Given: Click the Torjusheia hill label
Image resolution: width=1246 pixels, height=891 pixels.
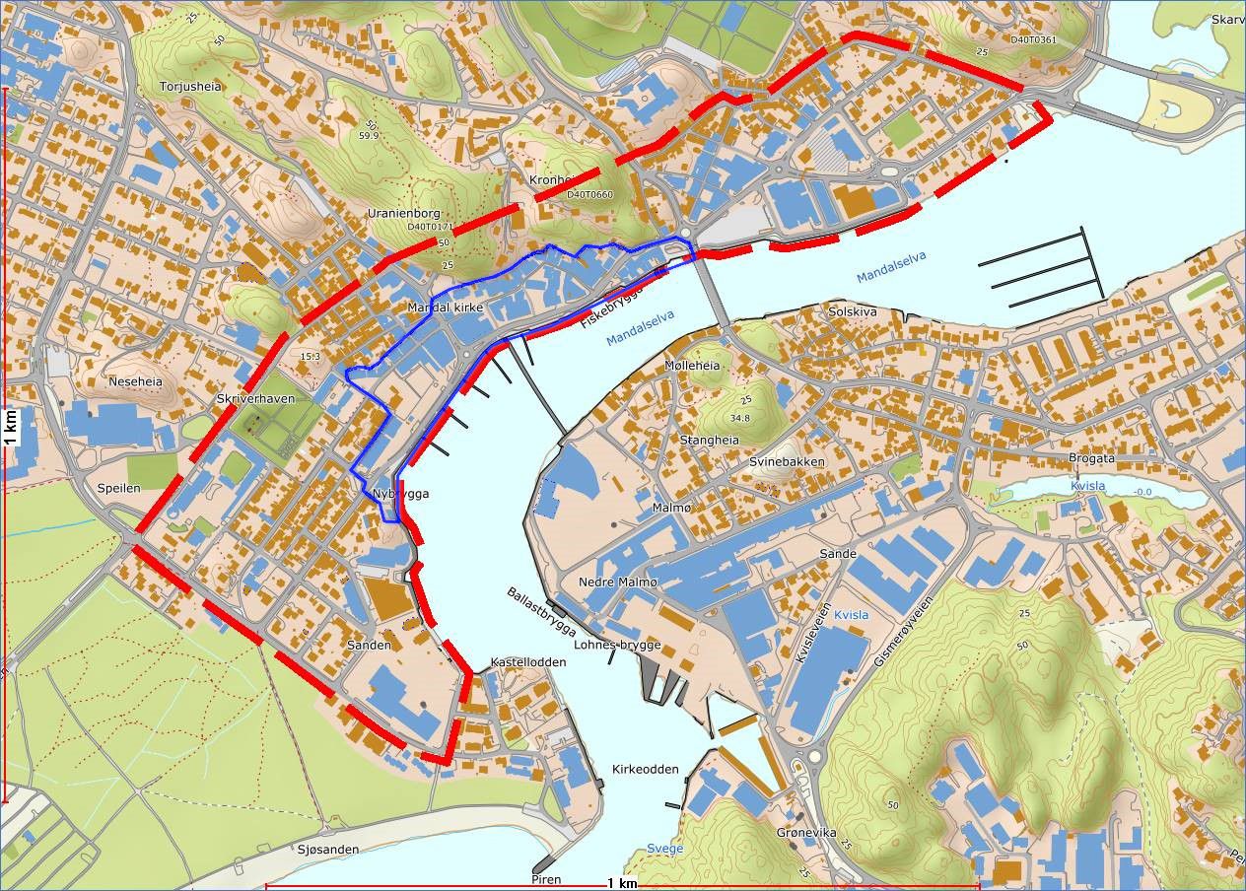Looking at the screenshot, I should coord(191,87).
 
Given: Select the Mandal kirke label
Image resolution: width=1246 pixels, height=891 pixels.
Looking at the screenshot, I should coord(445,308).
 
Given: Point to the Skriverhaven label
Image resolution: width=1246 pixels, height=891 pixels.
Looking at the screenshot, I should coord(255,398).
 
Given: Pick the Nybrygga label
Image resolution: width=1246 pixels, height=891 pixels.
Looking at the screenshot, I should coord(401,494).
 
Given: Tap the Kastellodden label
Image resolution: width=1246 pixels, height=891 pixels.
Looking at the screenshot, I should coord(528,662).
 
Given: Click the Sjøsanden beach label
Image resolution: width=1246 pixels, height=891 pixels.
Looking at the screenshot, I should coord(327,849).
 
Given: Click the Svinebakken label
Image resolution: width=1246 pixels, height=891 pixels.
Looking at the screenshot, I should coord(787,461).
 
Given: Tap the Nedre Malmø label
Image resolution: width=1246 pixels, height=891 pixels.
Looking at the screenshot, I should coord(617,582).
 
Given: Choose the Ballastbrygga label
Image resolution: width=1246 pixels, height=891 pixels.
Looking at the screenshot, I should coord(541,610).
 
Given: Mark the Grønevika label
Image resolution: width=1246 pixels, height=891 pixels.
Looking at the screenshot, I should coord(806,833).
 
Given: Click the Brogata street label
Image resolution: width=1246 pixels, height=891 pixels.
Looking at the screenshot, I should coord(1091,458).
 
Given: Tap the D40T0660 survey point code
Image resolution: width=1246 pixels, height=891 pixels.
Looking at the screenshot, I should coord(589,194).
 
